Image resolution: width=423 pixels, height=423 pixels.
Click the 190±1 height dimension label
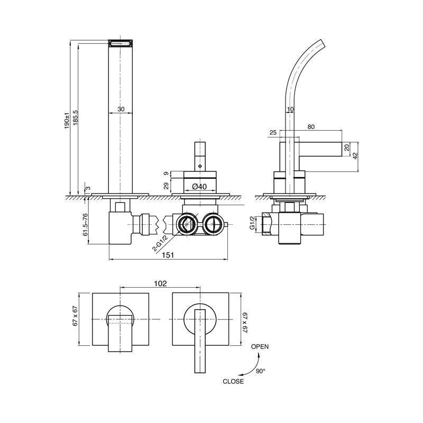pyautogui.click(x=67, y=120)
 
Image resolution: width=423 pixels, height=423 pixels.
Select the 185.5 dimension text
pyautogui.click(x=76, y=120)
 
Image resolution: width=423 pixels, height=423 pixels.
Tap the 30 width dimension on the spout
pyautogui.click(x=121, y=109)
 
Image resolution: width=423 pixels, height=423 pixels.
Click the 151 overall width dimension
pyautogui.click(x=168, y=255)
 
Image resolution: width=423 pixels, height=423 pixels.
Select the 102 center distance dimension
pyautogui.click(x=160, y=283)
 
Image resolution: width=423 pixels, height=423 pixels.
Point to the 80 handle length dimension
pyautogui.click(x=310, y=126)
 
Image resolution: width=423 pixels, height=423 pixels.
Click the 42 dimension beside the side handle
pyautogui.click(x=355, y=156)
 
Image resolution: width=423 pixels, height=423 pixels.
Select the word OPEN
pyautogui.click(x=259, y=347)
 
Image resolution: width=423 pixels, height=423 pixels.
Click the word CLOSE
pyautogui.click(x=233, y=380)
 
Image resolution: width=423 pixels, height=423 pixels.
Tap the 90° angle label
pyautogui.click(x=260, y=371)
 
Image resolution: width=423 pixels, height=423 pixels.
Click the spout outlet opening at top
pyautogui.click(x=121, y=43)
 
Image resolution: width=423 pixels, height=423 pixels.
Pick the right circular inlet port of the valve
pyautogui.click(x=214, y=224)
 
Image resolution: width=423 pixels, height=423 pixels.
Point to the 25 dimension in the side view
pyautogui.click(x=273, y=133)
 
